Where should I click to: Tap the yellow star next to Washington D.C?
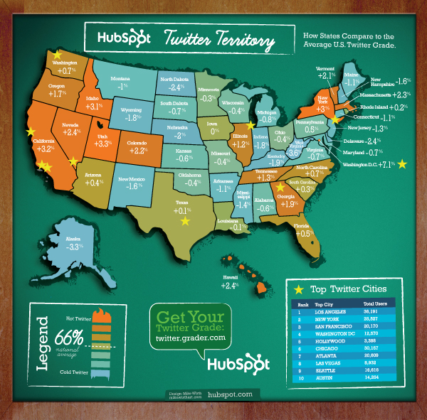(403, 164)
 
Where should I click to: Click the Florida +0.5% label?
(302, 228)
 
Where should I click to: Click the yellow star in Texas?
(186, 221)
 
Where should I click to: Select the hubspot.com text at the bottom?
(230, 393)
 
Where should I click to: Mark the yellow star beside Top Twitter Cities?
(299, 290)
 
